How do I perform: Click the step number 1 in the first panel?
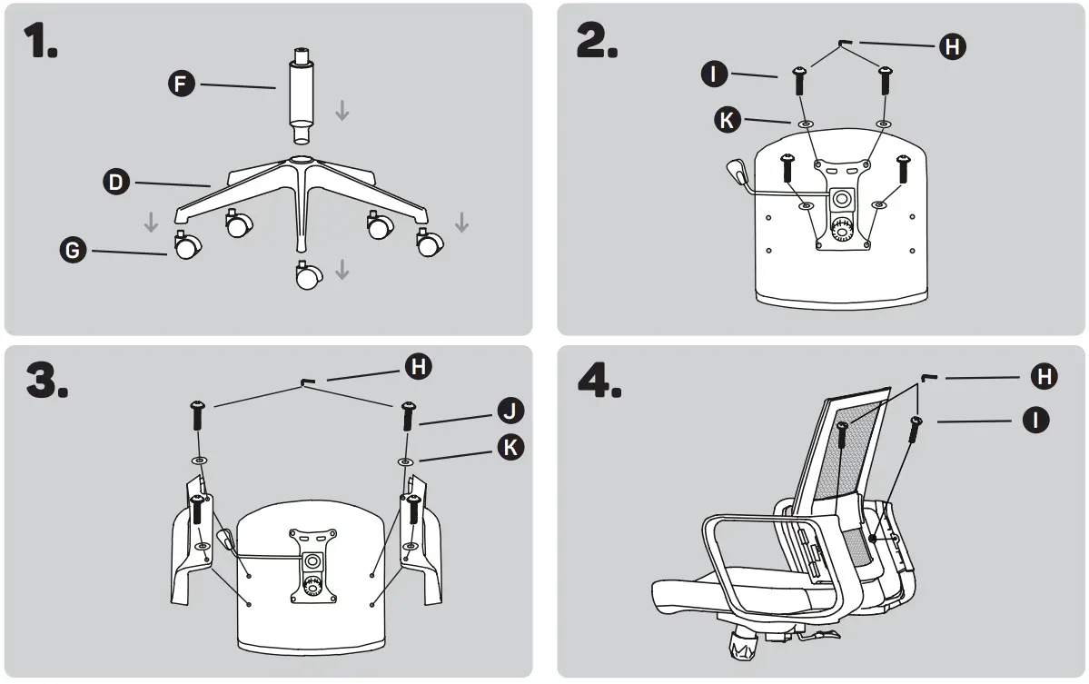pyautogui.click(x=41, y=41)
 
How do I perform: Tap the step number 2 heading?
pyautogui.click(x=598, y=41)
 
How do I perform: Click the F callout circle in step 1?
pyautogui.click(x=183, y=85)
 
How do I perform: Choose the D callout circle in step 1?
pyautogui.click(x=115, y=183)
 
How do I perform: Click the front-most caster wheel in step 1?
pyautogui.click(x=308, y=276)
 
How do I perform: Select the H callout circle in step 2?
pyautogui.click(x=952, y=46)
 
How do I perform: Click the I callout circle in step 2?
pyautogui.click(x=715, y=74)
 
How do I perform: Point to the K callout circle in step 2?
pyautogui.click(x=728, y=120)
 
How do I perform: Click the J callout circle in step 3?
pyautogui.click(x=511, y=411)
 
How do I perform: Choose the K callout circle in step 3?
pyautogui.click(x=511, y=446)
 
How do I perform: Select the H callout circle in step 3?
pyautogui.click(x=418, y=367)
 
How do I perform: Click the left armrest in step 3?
pyautogui.click(x=194, y=545)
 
